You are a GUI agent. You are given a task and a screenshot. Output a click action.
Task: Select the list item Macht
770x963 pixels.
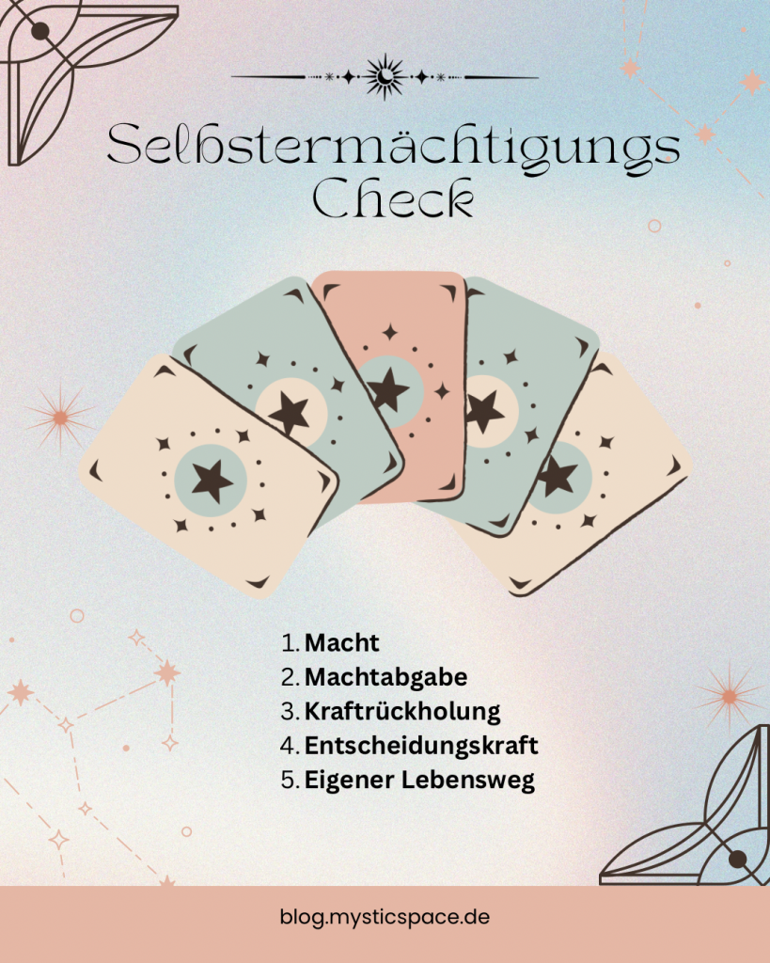coord(341,643)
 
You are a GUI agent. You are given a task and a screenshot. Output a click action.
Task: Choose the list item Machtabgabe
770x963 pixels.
coord(385,677)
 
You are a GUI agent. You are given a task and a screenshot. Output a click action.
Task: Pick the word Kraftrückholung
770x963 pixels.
coord(402,711)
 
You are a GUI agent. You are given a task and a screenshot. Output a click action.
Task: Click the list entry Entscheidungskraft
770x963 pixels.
coord(421,746)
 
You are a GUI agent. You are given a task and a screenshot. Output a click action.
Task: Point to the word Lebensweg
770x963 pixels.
coord(468,780)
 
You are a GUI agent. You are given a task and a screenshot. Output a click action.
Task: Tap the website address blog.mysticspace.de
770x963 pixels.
coord(385,918)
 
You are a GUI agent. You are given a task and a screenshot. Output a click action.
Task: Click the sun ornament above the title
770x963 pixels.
coord(385,77)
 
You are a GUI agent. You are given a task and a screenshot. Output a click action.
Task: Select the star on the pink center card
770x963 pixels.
coord(387,389)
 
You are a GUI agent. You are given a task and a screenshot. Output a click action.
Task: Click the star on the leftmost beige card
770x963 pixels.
coord(212,481)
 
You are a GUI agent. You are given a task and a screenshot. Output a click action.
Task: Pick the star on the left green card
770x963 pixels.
coord(289,413)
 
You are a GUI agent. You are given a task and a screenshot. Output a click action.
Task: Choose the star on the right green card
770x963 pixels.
coord(482,410)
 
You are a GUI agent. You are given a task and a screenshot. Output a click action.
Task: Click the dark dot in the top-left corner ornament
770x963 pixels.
coord(39,31)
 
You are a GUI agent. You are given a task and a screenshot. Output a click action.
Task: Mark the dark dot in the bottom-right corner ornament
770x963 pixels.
coord(737,860)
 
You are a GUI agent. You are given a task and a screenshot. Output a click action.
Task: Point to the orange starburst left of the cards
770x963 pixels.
coord(60,418)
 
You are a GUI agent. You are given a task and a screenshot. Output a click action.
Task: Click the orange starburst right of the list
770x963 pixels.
coord(730,697)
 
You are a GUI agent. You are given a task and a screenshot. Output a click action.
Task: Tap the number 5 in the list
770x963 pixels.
coord(289,780)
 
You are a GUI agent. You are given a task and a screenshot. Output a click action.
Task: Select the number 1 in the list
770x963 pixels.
coord(288,643)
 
